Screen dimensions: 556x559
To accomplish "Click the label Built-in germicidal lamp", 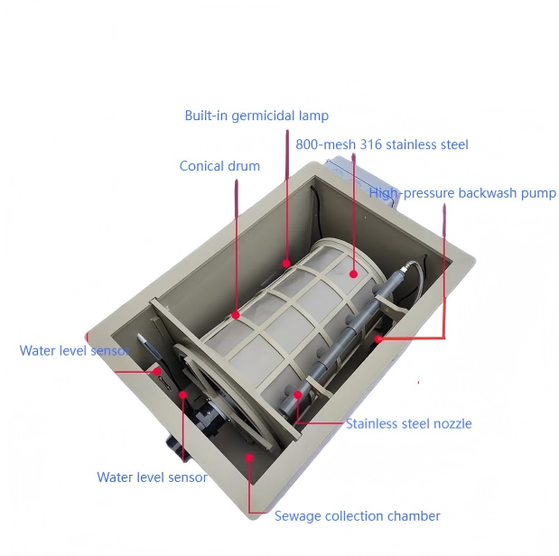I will pos(256,116).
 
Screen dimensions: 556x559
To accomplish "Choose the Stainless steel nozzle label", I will pos(408,423).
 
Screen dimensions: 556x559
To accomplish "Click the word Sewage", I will pos(296,516).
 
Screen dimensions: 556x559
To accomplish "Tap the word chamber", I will pos(417,516).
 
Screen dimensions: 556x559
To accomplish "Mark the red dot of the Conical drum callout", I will pos(237,315).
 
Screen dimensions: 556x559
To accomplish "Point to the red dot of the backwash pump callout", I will pos(379,339).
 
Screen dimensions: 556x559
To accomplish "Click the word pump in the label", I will pos(540,193).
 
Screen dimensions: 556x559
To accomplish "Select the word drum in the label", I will pos(245,166).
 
